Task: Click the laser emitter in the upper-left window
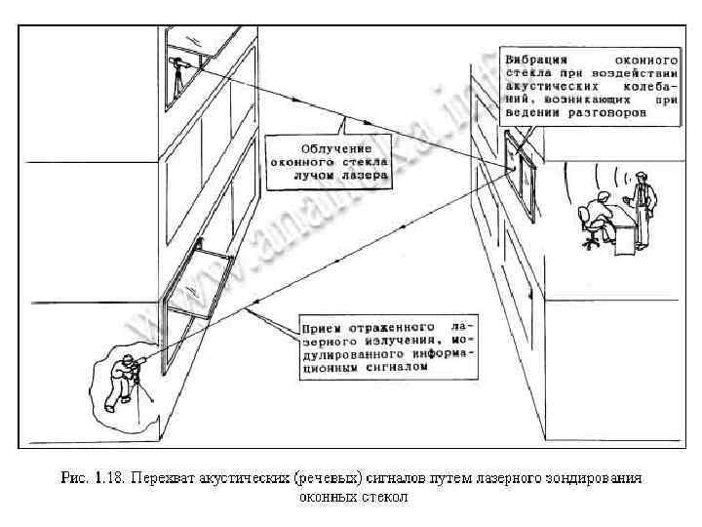point(177,68)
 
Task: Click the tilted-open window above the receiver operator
point(199,283)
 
